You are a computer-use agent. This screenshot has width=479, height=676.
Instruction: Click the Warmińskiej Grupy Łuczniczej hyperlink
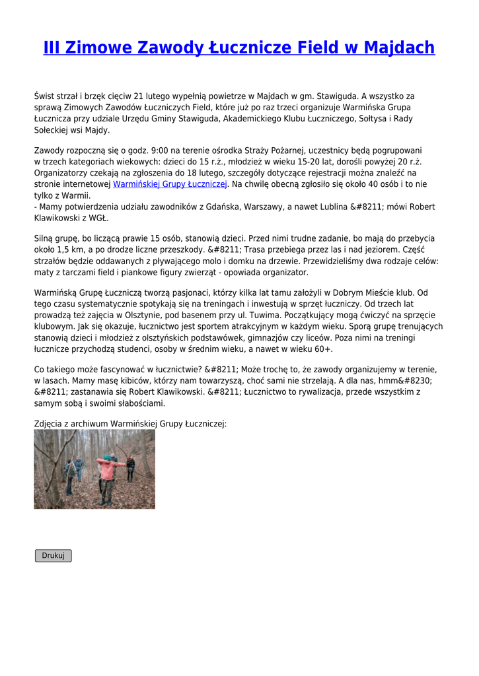[170, 184]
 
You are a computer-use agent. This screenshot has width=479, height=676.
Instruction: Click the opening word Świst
[44, 96]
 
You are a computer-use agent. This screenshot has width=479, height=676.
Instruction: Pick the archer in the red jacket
[107, 472]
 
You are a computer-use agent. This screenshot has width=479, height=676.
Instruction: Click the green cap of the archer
[108, 457]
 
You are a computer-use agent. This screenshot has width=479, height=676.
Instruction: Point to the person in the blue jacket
[79, 467]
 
